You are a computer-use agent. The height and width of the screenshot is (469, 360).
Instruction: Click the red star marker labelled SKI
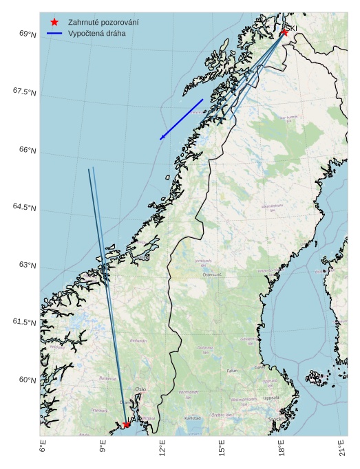click(x=284, y=32)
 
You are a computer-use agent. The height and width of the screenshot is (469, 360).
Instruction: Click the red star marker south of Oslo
click(x=127, y=424)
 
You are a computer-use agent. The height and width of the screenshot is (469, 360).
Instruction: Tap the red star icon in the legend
click(x=54, y=22)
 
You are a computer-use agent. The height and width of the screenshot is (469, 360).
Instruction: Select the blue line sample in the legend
click(x=54, y=33)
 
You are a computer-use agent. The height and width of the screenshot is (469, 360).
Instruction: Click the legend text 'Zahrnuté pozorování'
click(x=103, y=22)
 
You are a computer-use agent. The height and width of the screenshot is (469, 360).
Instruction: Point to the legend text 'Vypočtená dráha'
click(x=96, y=33)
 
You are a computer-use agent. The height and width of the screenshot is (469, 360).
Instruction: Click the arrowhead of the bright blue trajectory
click(x=161, y=139)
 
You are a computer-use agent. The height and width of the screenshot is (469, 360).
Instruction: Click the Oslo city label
click(x=140, y=389)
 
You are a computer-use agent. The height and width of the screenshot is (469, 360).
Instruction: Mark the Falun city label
click(x=232, y=371)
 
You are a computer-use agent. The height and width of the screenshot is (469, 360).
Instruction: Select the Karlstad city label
click(x=193, y=417)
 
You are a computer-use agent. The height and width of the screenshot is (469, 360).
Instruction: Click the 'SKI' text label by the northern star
click(x=292, y=28)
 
